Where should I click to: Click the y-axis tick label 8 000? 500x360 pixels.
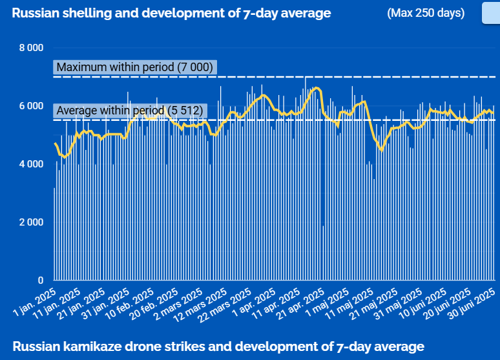coord(30,48)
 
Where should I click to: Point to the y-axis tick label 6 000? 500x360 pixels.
coord(30,106)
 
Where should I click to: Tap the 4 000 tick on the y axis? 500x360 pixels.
coord(30,164)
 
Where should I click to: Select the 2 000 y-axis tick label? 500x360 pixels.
coord(30,222)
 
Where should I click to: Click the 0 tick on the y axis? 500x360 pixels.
coord(40,281)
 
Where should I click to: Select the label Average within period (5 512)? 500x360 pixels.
coord(129,111)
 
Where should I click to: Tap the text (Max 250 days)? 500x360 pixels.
coord(426,13)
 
